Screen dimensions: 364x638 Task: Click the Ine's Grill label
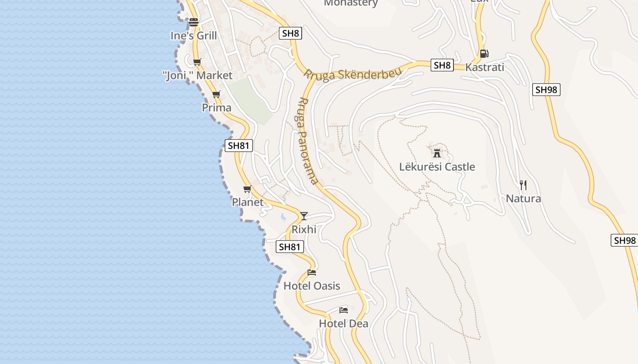click(x=194, y=35)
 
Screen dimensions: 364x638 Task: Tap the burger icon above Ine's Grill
click(x=194, y=22)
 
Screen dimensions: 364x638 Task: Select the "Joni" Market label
click(x=197, y=76)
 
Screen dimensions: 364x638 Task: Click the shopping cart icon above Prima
click(x=216, y=95)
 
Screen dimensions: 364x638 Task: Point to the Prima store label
click(x=216, y=108)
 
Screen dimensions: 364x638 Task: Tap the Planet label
click(x=247, y=202)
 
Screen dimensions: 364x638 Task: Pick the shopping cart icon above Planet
click(x=247, y=189)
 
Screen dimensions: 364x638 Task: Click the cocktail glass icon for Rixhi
click(x=304, y=216)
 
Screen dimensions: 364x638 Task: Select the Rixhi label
click(x=304, y=229)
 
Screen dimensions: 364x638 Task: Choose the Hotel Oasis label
click(x=312, y=286)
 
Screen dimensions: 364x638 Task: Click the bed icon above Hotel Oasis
click(x=312, y=273)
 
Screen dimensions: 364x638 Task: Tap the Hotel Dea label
click(x=344, y=324)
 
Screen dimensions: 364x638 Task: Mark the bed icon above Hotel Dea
click(x=344, y=310)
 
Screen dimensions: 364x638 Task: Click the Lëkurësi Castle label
click(x=437, y=167)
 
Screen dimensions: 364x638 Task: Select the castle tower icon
click(x=437, y=153)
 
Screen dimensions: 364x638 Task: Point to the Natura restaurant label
click(x=523, y=199)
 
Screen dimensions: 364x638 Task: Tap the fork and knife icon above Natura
click(x=523, y=185)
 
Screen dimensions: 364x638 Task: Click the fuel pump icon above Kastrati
click(x=484, y=54)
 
